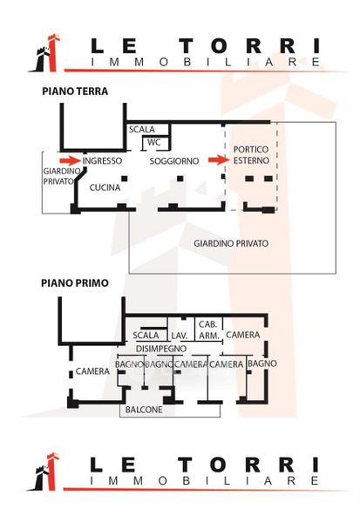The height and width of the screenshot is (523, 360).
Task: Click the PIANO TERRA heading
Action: click(75, 92)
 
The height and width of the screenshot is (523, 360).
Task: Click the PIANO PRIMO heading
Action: click(75, 283)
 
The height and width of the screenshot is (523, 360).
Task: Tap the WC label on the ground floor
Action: click(153, 142)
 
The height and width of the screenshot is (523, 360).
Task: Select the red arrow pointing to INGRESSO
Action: click(70, 160)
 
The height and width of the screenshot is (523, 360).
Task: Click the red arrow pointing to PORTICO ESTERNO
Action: click(219, 160)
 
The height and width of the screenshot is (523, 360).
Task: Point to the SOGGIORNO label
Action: click(174, 161)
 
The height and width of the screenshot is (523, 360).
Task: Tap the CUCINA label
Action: click(105, 187)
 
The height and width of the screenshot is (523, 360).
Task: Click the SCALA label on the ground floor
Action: click(142, 129)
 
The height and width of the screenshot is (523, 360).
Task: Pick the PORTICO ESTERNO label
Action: click(251, 155)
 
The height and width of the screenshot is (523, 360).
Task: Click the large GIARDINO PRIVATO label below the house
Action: click(231, 243)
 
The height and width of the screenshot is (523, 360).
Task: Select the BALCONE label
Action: click(144, 410)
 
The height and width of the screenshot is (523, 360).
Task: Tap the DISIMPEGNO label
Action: click(161, 349)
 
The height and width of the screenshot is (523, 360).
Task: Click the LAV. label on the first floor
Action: click(180, 336)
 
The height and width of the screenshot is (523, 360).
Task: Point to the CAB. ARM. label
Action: click(208, 329)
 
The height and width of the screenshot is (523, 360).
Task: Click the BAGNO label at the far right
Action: click(262, 363)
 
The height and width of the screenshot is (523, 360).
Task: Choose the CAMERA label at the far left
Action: click(92, 371)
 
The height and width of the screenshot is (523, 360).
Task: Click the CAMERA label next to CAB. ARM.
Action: click(242, 335)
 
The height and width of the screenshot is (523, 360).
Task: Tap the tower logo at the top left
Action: click(45, 53)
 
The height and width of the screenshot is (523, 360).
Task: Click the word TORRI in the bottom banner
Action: click(248, 465)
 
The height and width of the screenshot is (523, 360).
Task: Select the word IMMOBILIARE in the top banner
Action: click(206, 62)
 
